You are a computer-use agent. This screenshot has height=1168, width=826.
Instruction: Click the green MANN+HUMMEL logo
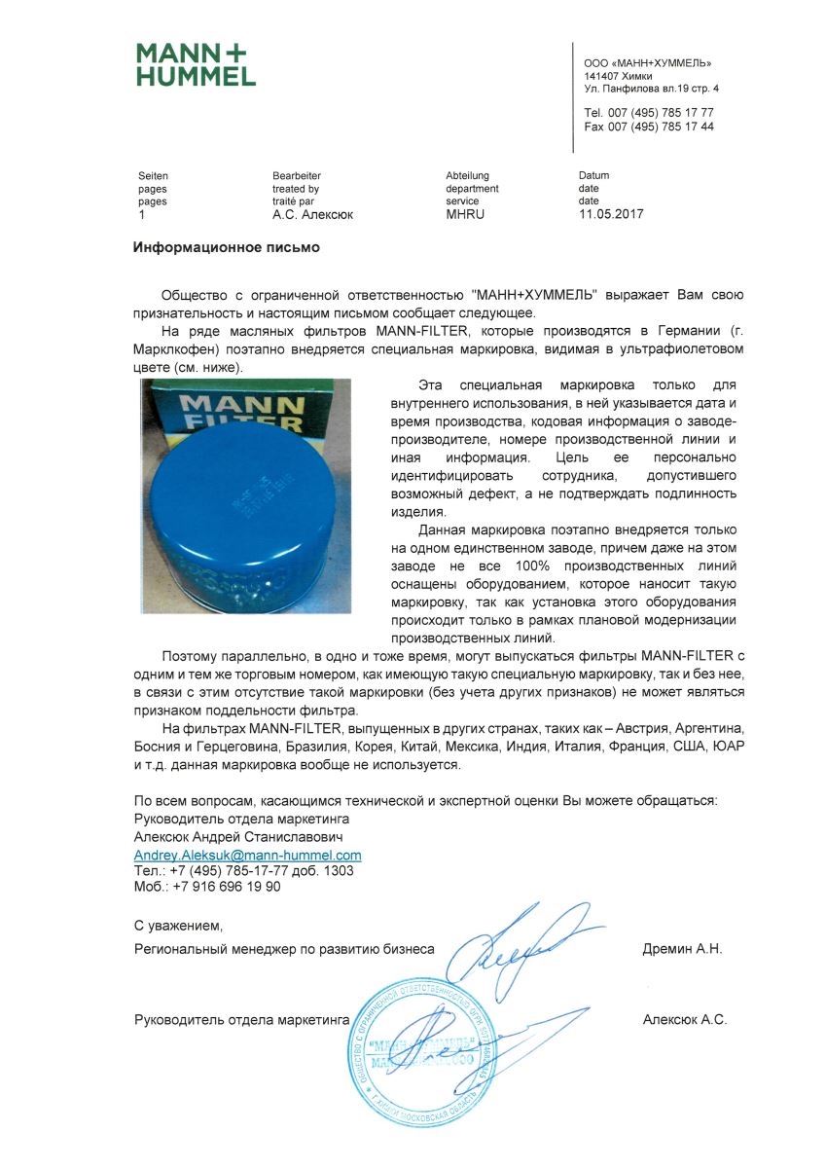pos(196,64)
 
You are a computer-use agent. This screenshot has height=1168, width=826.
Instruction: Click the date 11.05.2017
pos(610,214)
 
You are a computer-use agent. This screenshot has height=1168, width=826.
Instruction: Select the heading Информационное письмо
pos(226,247)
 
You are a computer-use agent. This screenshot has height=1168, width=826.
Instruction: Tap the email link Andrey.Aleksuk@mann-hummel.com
pos(247,856)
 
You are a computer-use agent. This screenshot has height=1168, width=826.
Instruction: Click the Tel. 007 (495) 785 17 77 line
pos(649,113)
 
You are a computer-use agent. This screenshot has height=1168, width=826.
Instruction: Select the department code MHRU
pos(464,214)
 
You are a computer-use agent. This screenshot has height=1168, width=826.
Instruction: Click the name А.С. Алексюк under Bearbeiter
pos(312,214)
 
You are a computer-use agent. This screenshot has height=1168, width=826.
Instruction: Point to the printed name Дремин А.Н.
pos(682,948)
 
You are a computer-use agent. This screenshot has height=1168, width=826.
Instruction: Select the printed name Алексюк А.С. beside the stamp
pos(685,1020)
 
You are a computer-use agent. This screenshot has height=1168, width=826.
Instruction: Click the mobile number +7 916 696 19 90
pos(207,887)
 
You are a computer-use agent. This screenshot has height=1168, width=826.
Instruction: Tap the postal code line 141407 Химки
pos(618,75)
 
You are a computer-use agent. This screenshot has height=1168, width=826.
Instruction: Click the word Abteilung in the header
pos(467,176)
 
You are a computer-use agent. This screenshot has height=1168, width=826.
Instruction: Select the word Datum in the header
pos(593,176)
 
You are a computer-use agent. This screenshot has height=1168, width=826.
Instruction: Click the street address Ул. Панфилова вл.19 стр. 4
pos(652,89)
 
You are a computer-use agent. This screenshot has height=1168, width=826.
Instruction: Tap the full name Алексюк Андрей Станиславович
pos(237,836)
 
